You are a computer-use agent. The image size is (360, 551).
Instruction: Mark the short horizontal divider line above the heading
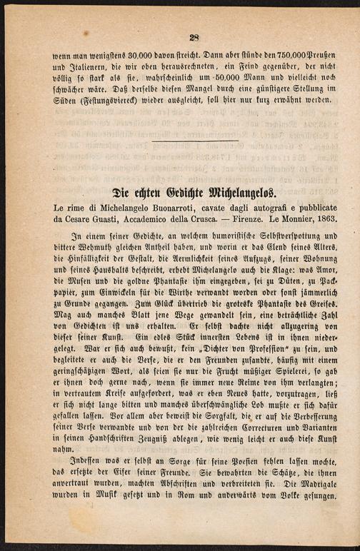pyautogui.click(x=194, y=140)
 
